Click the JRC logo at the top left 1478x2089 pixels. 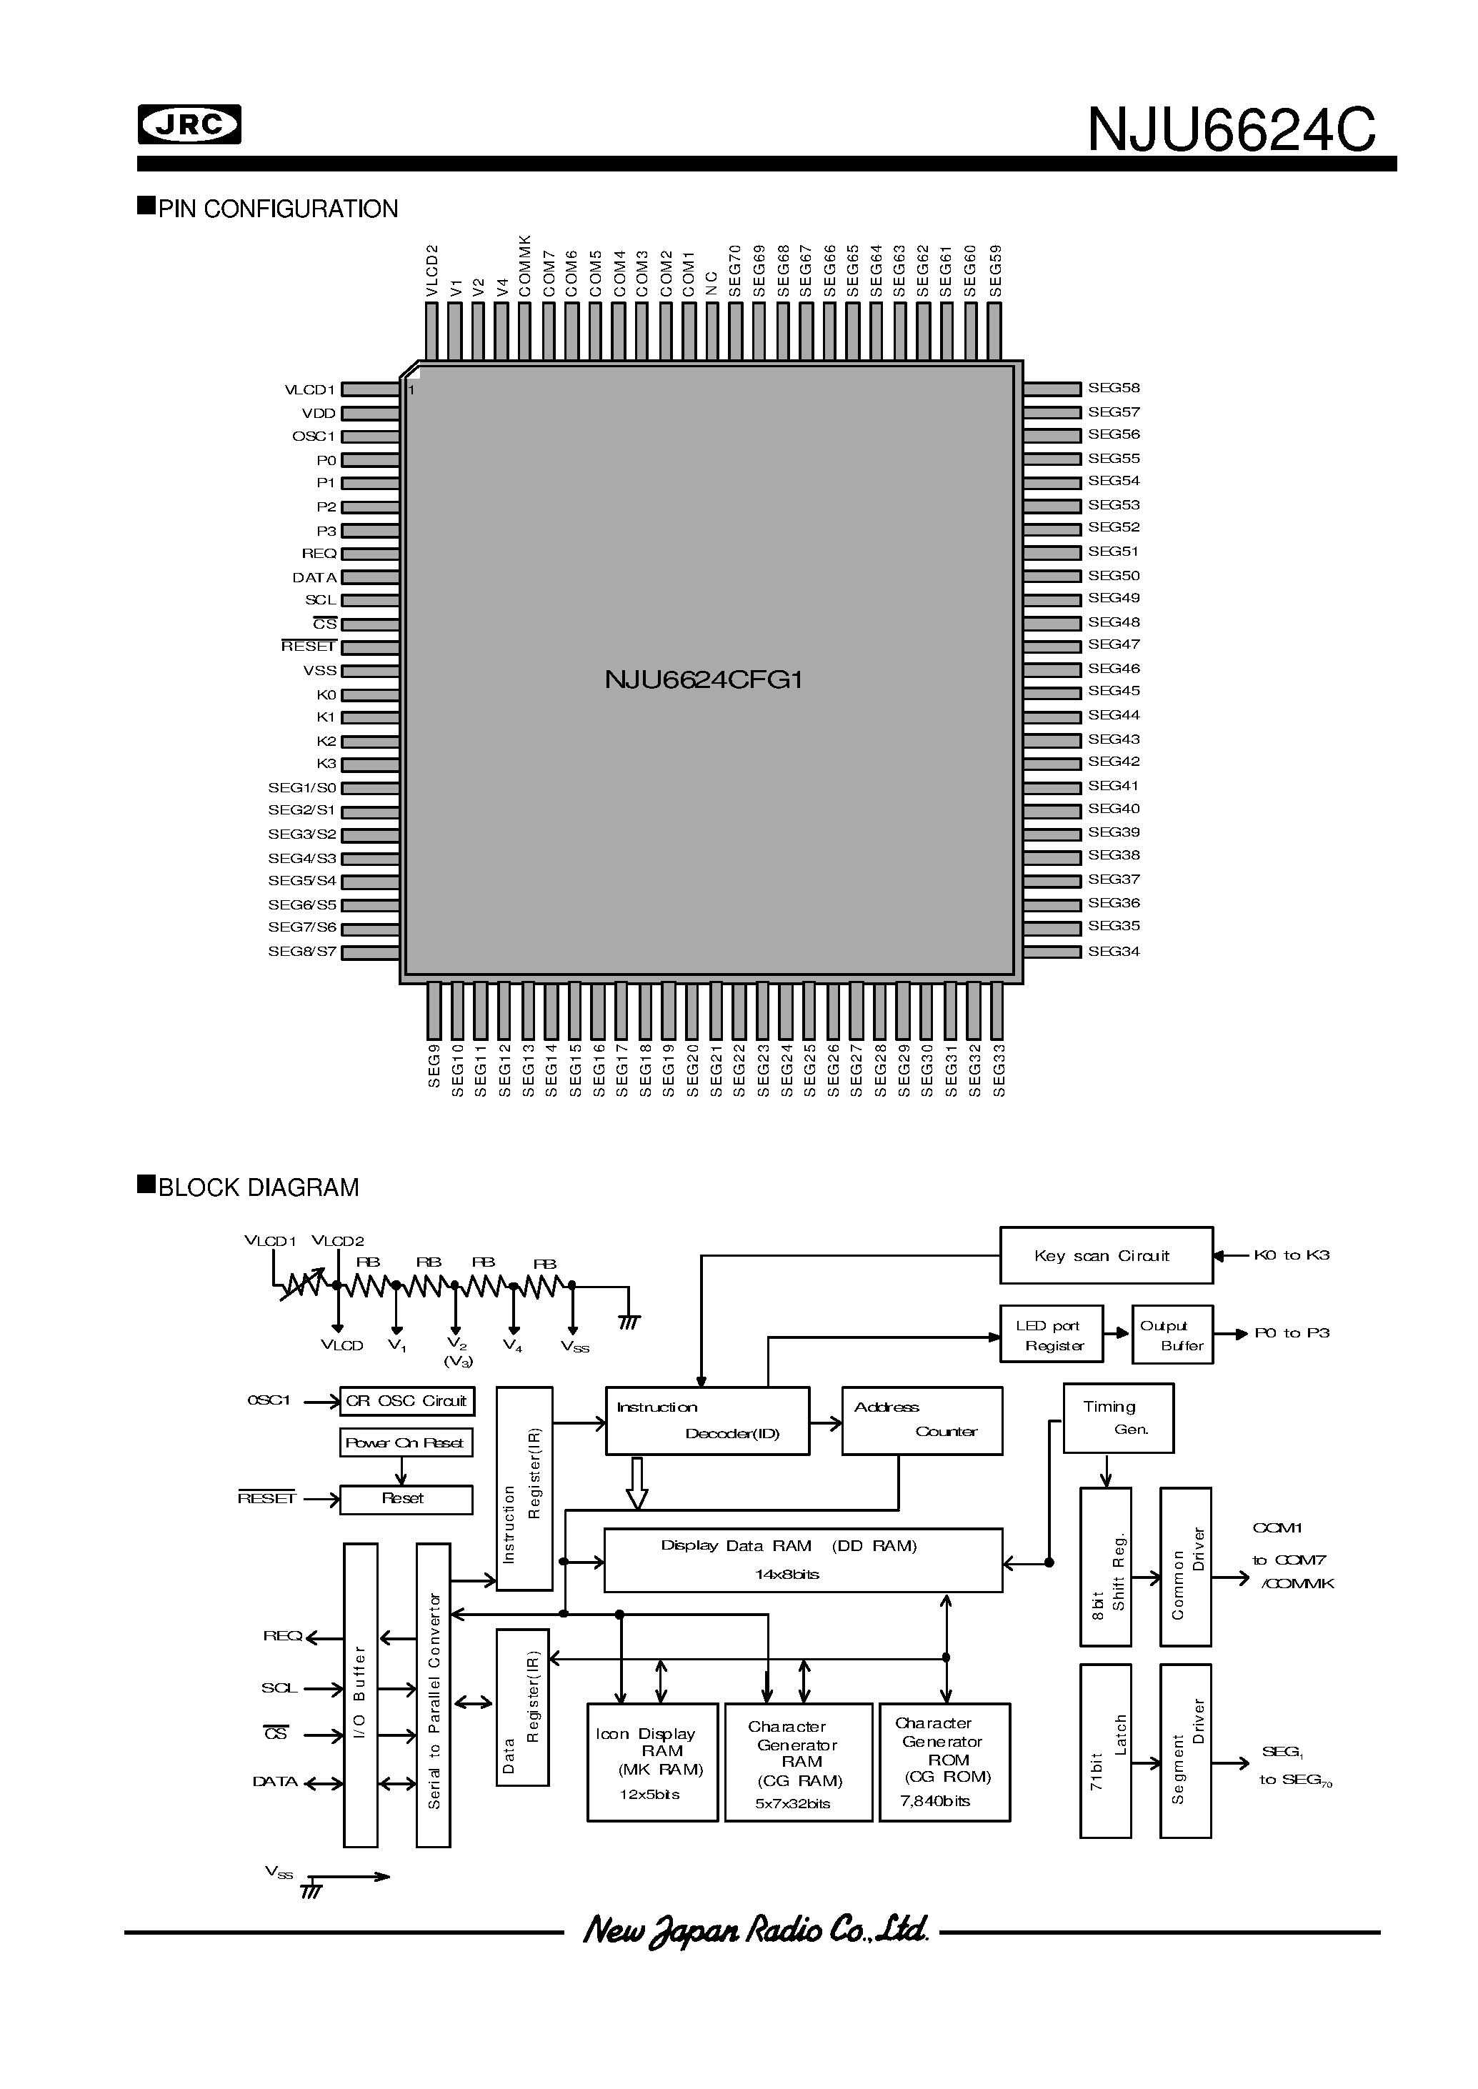[x=189, y=125]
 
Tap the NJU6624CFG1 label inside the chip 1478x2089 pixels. [x=703, y=680]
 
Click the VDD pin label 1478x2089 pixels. [x=319, y=413]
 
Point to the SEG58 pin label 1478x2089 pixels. [x=1113, y=388]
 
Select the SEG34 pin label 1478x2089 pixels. [x=1113, y=951]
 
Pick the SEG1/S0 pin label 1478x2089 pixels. [x=301, y=787]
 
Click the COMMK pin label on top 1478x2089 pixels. [x=525, y=265]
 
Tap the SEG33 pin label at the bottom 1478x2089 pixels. [x=999, y=1070]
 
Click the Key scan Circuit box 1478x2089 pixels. [x=1106, y=1255]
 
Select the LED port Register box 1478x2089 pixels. [x=1051, y=1335]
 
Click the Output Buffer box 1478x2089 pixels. [x=1172, y=1335]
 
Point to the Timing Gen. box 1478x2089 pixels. [x=1117, y=1418]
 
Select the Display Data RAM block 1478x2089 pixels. [x=803, y=1559]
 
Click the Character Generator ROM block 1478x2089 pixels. [x=944, y=1761]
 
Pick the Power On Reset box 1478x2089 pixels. [x=406, y=1442]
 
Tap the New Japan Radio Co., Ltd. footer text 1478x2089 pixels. [x=754, y=1930]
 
